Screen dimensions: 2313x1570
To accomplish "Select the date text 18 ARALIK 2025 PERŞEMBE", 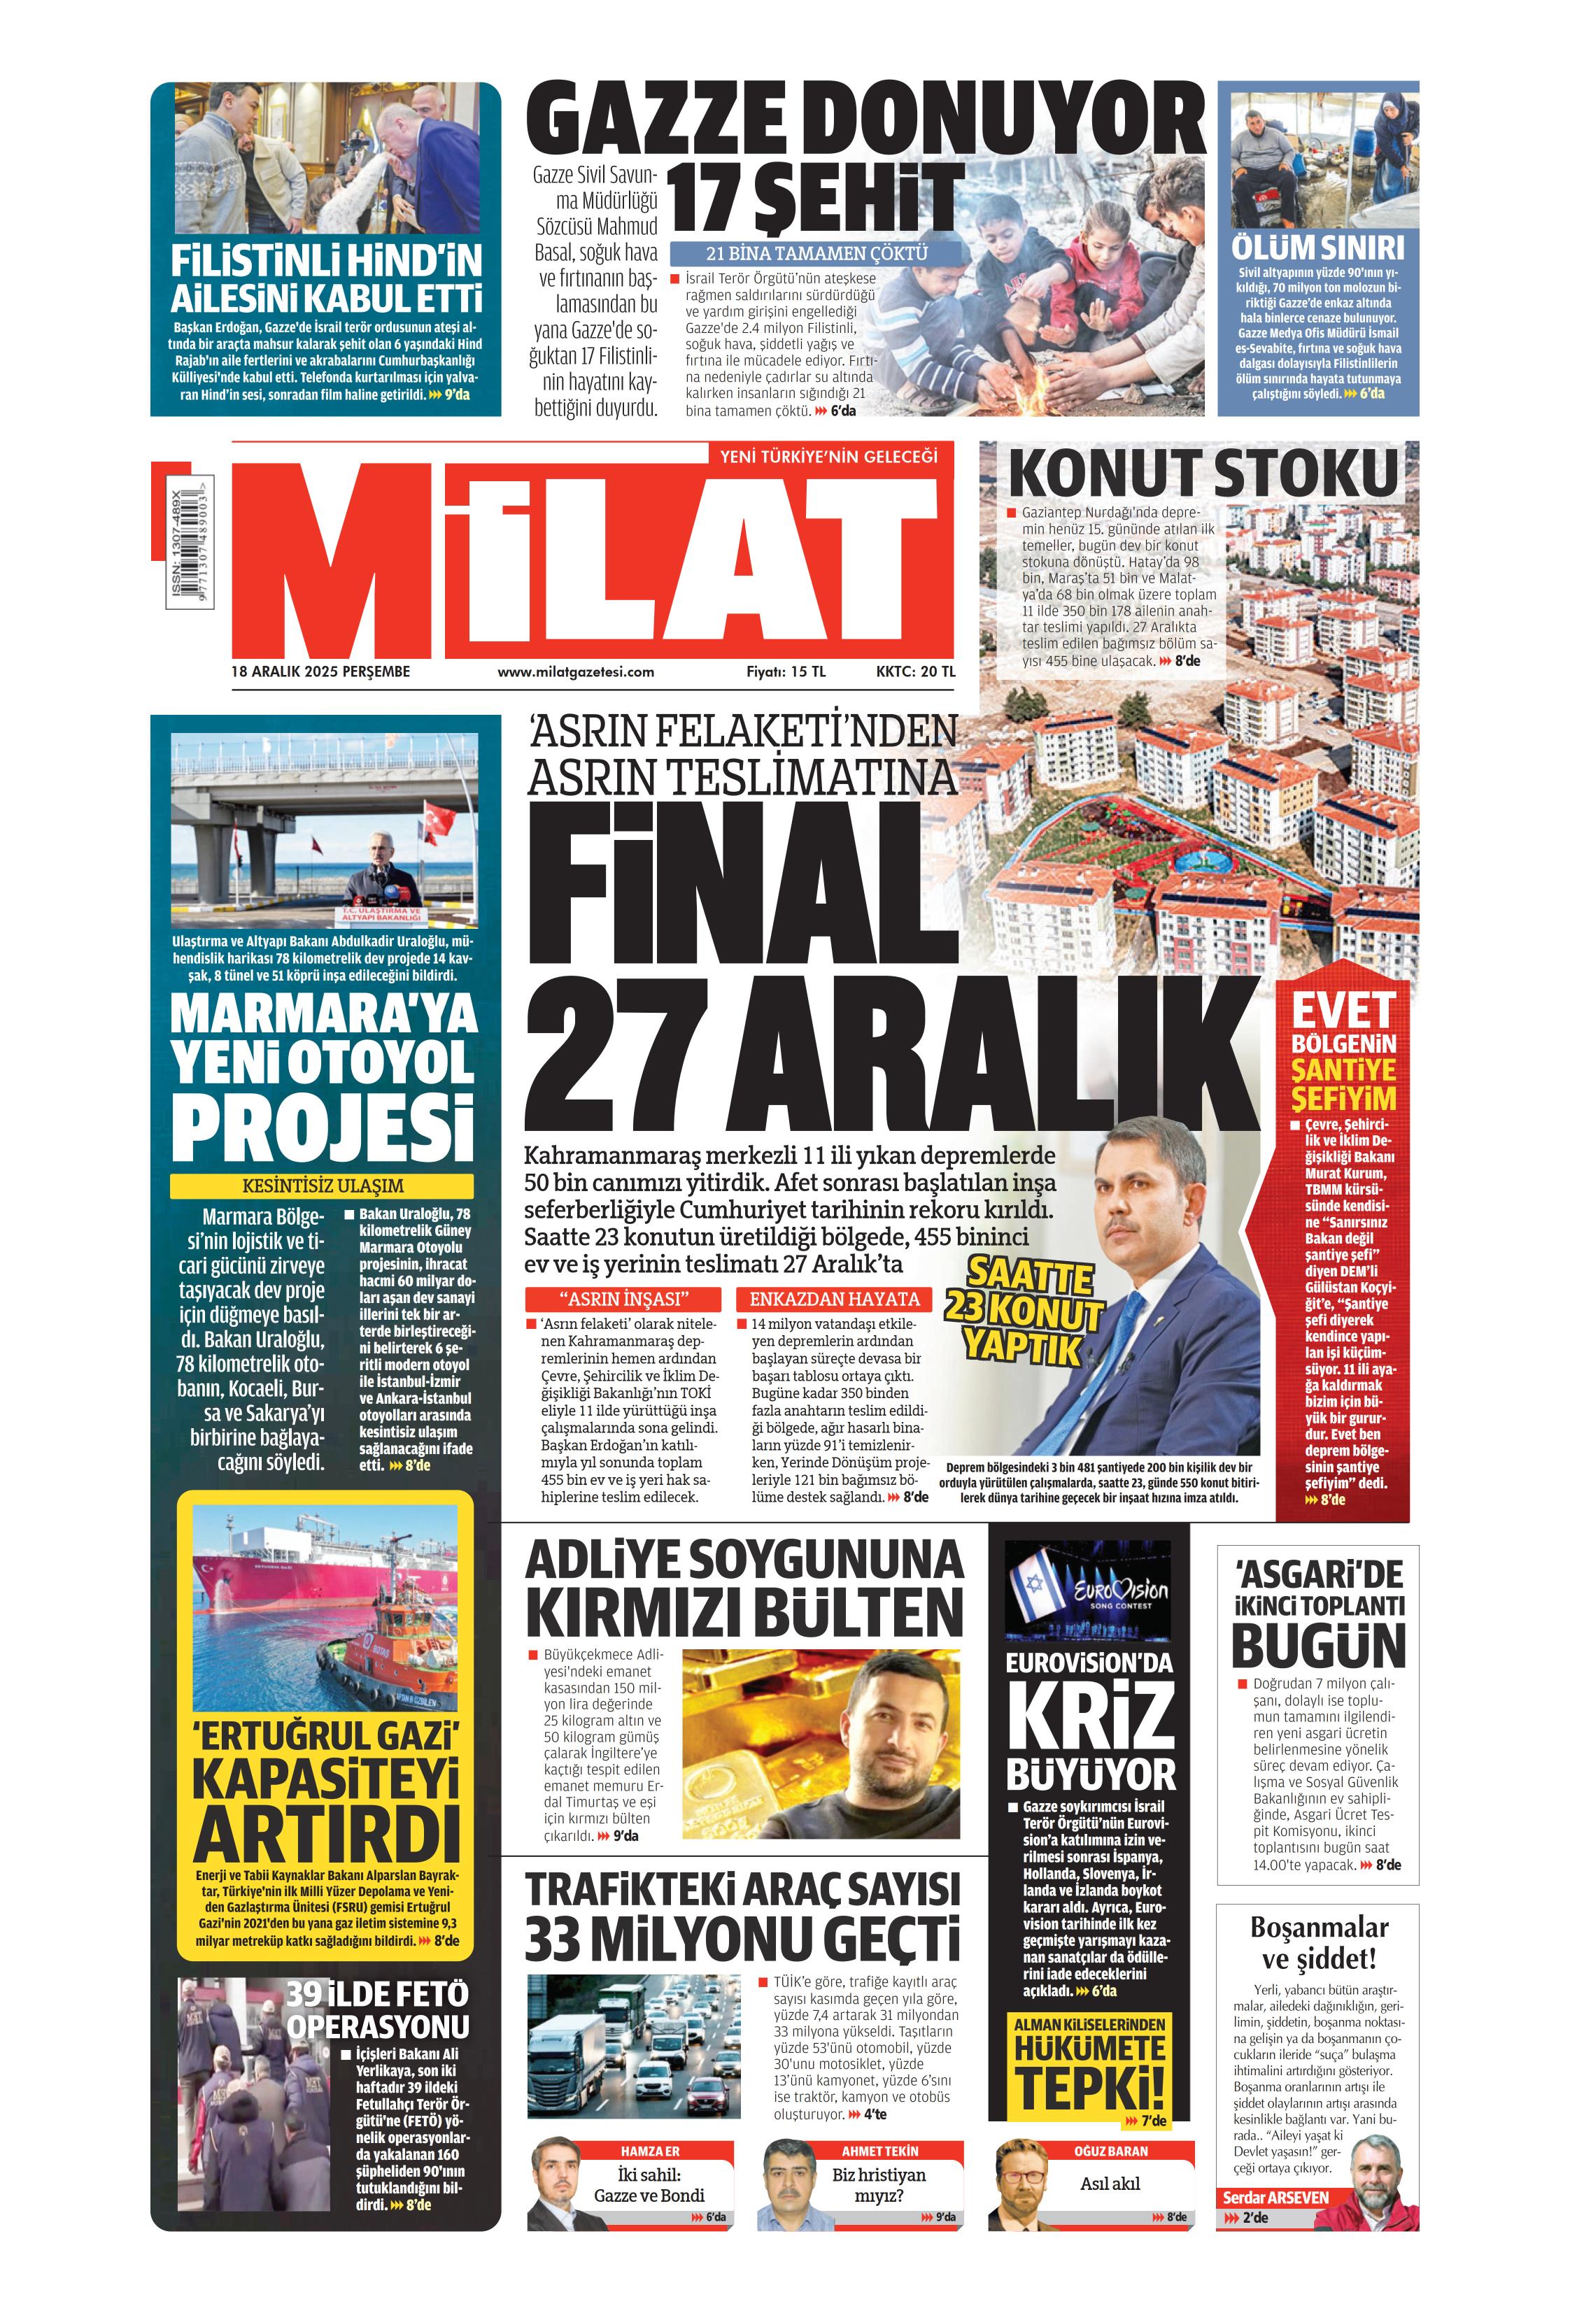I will point(320,672).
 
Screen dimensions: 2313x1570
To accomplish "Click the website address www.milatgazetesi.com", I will point(575,672).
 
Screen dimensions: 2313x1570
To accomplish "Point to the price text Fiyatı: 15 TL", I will point(786,672).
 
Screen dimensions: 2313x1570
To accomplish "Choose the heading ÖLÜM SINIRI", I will point(1317,247).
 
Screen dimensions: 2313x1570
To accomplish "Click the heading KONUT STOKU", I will point(1203,474).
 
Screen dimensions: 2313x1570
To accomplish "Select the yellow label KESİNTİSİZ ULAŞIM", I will point(322,1186).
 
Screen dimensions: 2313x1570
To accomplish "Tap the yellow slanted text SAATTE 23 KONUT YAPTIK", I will point(1024,1311).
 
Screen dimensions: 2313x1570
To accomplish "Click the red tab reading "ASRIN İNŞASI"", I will point(623,1299).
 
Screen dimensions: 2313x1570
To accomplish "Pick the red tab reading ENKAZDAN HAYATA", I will point(833,1299).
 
